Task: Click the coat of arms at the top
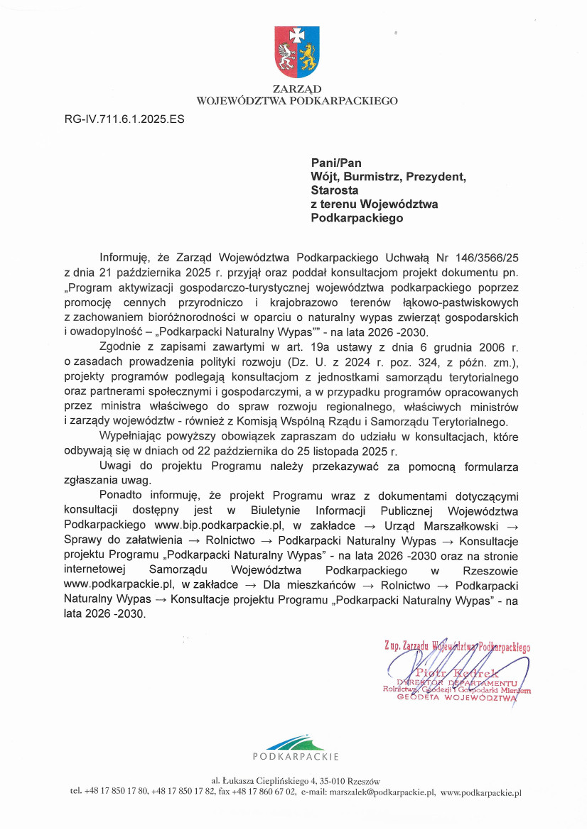(x=297, y=52)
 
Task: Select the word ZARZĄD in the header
(x=296, y=89)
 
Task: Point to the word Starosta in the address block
(x=335, y=190)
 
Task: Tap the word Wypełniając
(x=134, y=437)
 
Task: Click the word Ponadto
(x=122, y=495)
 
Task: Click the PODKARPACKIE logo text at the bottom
(x=296, y=757)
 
